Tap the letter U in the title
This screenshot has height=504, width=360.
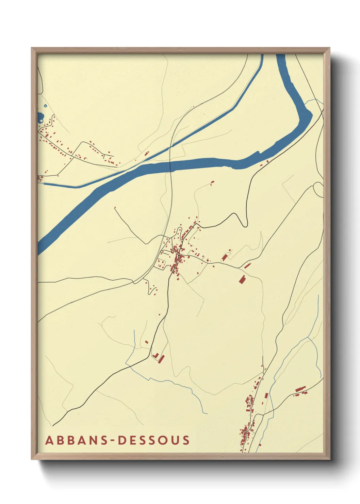click(175, 440)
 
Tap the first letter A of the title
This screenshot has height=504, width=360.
click(49, 440)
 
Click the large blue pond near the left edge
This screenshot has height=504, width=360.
click(41, 118)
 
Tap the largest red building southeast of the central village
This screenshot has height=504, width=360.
click(242, 279)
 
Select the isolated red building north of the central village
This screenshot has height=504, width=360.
click(213, 183)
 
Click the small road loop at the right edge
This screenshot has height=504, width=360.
click(318, 189)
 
